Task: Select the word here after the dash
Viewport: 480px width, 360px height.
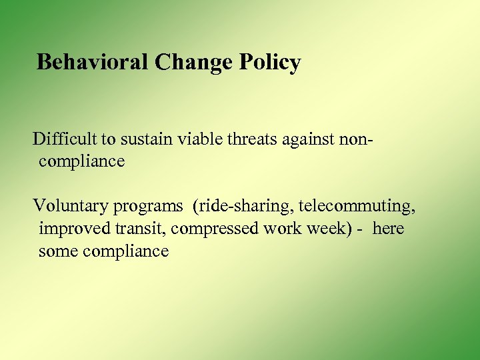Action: (389, 229)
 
